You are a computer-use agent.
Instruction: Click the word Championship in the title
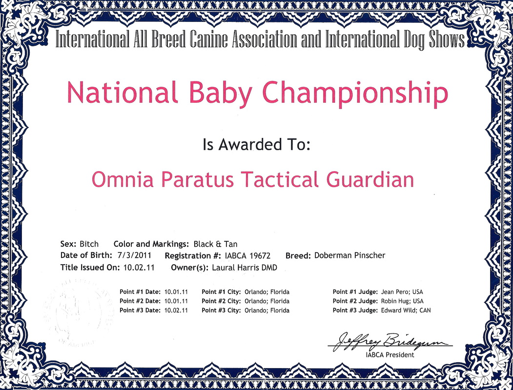pos(355,93)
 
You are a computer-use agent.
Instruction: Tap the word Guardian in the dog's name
pos(370,180)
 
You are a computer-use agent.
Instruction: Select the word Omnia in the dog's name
pos(123,180)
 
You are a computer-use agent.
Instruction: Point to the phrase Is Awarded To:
pos(256,144)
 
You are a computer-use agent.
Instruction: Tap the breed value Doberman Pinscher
pos(350,255)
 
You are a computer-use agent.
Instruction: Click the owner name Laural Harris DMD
pos(245,268)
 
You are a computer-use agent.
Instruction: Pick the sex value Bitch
pos(89,244)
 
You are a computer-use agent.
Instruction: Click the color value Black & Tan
pos(216,244)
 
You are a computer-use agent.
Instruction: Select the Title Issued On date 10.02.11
pos(139,268)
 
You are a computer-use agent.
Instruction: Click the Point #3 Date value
pos(176,311)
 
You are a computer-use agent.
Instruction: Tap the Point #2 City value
pos(267,301)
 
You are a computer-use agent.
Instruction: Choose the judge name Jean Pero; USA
pos(402,292)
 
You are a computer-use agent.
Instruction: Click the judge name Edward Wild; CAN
pos(406,311)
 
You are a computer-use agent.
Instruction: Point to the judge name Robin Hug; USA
pos(402,301)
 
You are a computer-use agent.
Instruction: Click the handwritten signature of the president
pos(390,342)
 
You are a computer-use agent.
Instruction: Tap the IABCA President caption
pos(390,355)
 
